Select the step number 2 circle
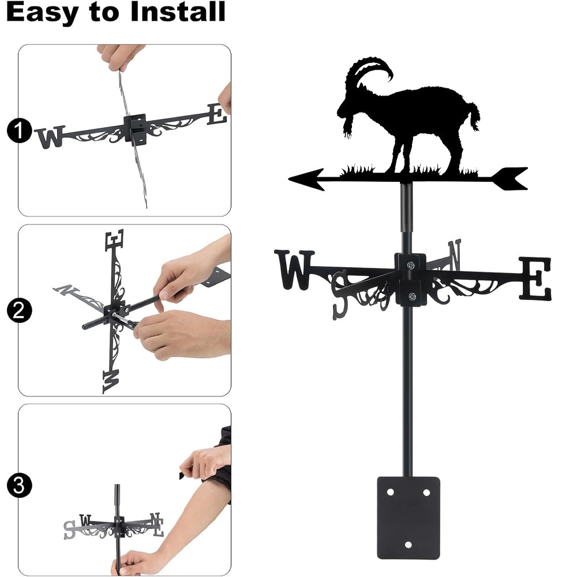point(19,310)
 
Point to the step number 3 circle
point(19,485)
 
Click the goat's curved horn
point(368,68)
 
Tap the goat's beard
point(349,126)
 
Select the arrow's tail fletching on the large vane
point(511,178)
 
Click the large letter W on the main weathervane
point(294,269)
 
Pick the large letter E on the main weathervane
point(535,278)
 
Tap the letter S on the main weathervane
point(340,294)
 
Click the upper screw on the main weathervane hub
point(411,265)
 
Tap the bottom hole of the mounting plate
point(408,545)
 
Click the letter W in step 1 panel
point(50,137)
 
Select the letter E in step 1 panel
point(217,114)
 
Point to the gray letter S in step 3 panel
point(69,530)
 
